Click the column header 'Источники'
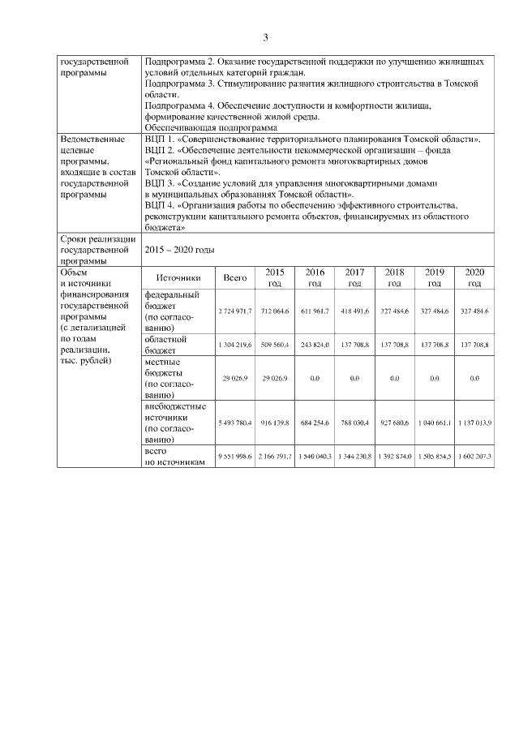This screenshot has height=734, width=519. (x=178, y=278)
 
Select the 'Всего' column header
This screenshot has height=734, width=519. (x=235, y=278)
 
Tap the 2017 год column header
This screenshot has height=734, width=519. (x=354, y=278)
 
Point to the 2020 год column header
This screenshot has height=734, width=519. (x=474, y=278)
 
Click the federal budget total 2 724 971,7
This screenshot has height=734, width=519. (x=235, y=311)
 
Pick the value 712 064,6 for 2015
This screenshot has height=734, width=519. (x=275, y=311)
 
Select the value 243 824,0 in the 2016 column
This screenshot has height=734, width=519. (x=315, y=345)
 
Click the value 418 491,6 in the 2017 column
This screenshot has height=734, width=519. (x=354, y=311)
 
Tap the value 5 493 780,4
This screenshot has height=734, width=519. (x=235, y=423)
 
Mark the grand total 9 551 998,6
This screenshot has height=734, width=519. (x=235, y=457)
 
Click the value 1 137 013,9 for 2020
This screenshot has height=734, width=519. (x=474, y=423)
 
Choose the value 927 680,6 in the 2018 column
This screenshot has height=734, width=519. (x=394, y=423)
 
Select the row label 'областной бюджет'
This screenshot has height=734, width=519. (x=165, y=345)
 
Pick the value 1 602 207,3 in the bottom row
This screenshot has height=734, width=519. (x=474, y=457)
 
